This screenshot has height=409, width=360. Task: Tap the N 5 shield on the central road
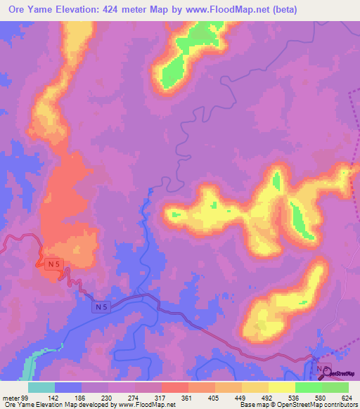[x=102, y=307]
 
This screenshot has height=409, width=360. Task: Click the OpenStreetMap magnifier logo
[x=328, y=373]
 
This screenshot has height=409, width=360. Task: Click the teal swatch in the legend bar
[x=41, y=387]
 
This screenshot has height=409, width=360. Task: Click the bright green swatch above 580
[x=309, y=387]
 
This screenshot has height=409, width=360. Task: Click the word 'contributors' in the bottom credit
[x=339, y=405]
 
